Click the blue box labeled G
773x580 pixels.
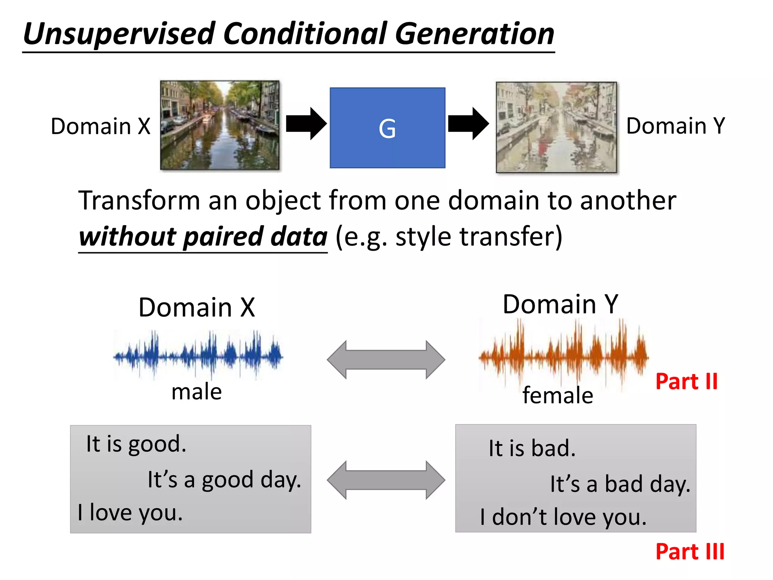(x=387, y=128)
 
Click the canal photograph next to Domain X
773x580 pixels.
(x=220, y=125)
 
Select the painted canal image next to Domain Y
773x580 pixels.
(x=556, y=127)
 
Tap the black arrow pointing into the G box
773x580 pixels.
(x=306, y=123)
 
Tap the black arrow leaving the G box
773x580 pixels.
(x=468, y=123)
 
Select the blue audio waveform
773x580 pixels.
(x=198, y=355)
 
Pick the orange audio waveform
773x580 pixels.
(x=564, y=355)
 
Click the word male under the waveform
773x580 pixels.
(x=196, y=392)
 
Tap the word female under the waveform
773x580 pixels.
(x=557, y=395)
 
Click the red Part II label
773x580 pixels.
(x=686, y=381)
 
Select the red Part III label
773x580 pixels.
(x=690, y=552)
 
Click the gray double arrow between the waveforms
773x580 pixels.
(x=386, y=359)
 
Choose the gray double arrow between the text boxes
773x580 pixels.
(x=386, y=480)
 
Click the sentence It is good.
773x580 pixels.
(x=136, y=444)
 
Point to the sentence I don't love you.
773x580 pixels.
(x=563, y=517)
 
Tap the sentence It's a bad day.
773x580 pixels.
(x=620, y=484)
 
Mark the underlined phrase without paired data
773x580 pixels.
(x=203, y=237)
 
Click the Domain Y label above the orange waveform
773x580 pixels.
(x=560, y=304)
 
